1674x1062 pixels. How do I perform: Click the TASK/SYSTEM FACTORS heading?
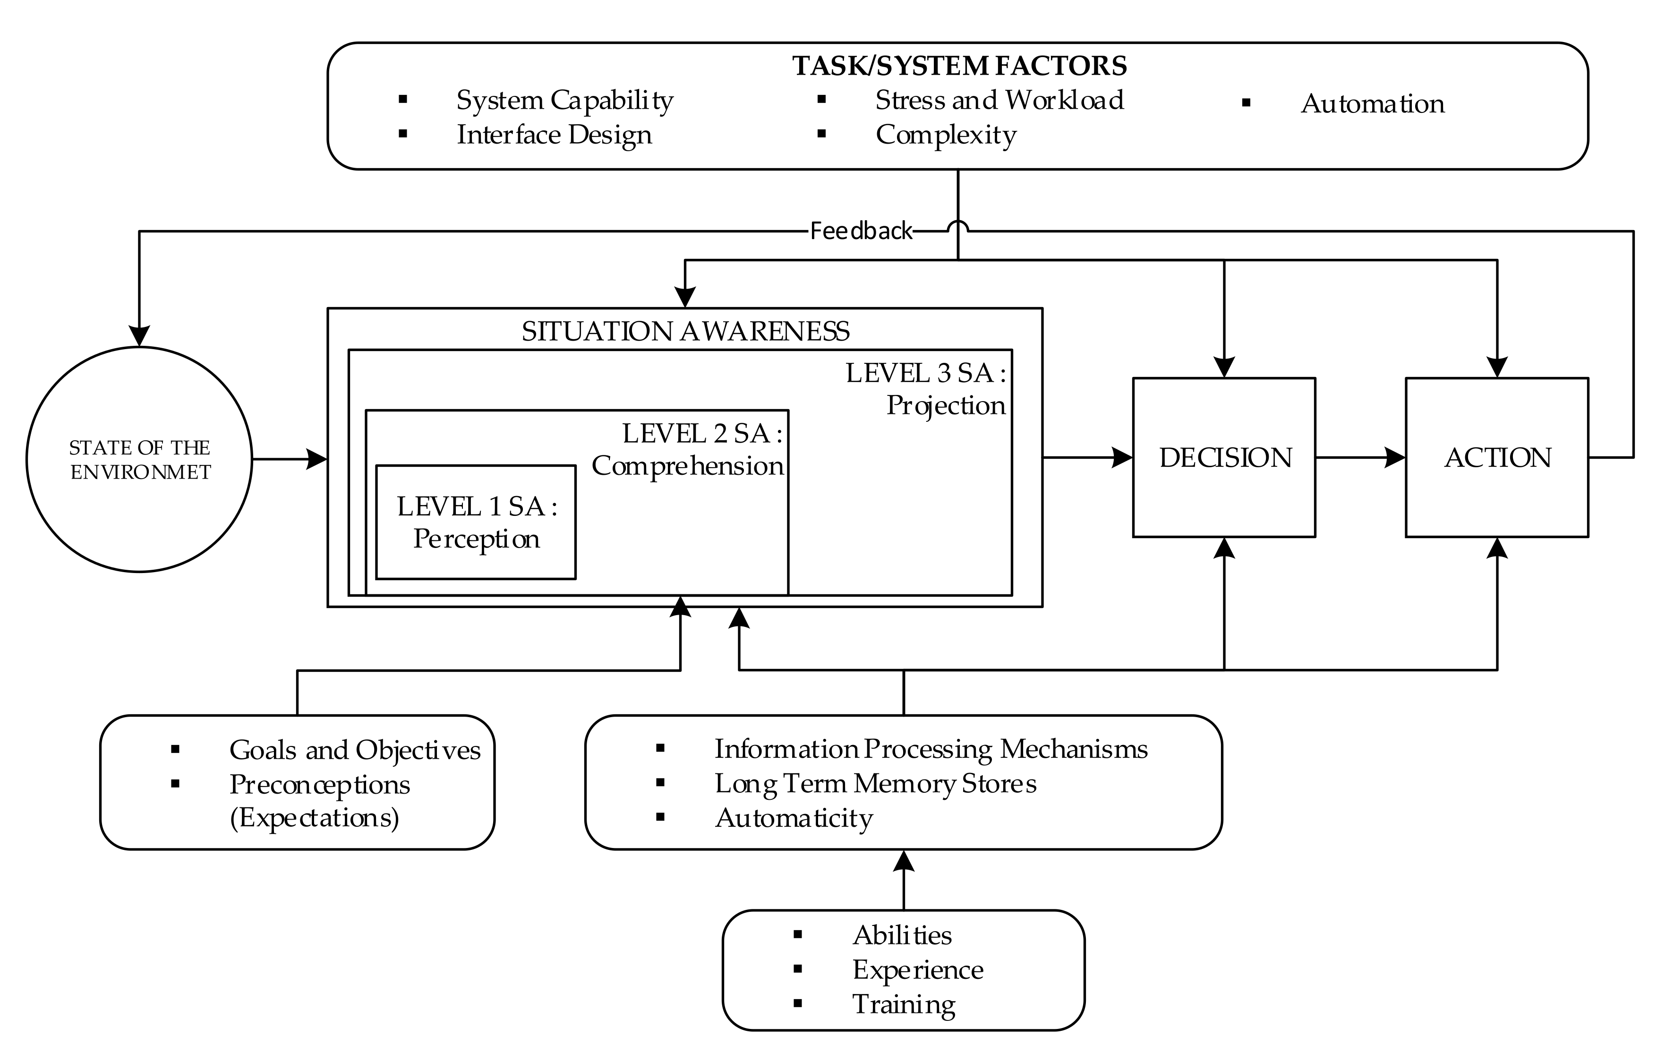pyautogui.click(x=959, y=66)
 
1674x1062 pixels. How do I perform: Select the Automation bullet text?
pyautogui.click(x=1372, y=103)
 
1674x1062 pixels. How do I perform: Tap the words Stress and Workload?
pyautogui.click(x=999, y=100)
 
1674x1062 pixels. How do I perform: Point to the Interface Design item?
pyautogui.click(x=554, y=135)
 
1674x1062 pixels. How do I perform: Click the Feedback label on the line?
pyautogui.click(x=861, y=231)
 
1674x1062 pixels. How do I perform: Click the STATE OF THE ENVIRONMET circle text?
pyautogui.click(x=140, y=460)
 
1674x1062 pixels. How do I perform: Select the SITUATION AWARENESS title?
pyautogui.click(x=685, y=331)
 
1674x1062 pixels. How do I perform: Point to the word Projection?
pyautogui.click(x=946, y=405)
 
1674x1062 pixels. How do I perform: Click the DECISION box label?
pyautogui.click(x=1225, y=458)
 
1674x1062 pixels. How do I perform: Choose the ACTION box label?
pyautogui.click(x=1497, y=458)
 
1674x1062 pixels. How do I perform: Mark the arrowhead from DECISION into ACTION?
pyautogui.click(x=1394, y=458)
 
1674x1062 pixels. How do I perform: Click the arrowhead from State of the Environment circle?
pyautogui.click(x=316, y=459)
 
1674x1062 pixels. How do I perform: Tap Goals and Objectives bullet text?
pyautogui.click(x=355, y=750)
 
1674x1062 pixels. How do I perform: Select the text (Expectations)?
pyautogui.click(x=314, y=818)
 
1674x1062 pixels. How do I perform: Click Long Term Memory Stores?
pyautogui.click(x=875, y=784)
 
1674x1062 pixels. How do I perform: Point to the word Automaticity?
pyautogui.click(x=794, y=819)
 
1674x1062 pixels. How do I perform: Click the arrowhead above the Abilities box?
pyautogui.click(x=904, y=862)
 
